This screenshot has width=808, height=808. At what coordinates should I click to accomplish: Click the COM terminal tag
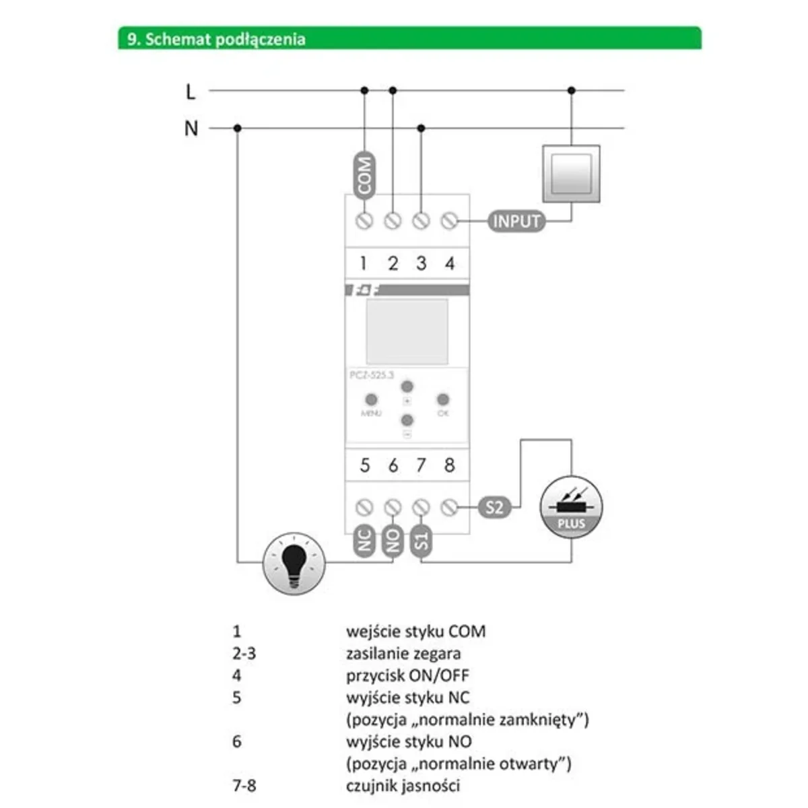(x=364, y=174)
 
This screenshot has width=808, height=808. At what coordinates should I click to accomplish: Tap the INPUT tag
(x=516, y=221)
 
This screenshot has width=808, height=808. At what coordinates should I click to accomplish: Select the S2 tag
(x=494, y=507)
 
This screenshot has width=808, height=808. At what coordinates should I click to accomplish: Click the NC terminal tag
(x=364, y=540)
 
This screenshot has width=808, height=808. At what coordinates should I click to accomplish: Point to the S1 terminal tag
(x=421, y=540)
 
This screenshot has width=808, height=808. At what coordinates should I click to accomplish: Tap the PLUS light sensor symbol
(x=571, y=508)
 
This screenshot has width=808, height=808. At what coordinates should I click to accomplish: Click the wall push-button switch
(x=571, y=173)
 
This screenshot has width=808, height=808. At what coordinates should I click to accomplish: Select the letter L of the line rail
(x=191, y=91)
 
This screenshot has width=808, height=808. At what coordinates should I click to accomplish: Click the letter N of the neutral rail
(x=191, y=128)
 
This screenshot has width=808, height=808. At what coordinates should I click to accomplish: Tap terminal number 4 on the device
(x=450, y=263)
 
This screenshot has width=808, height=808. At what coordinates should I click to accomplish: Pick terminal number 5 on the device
(x=364, y=465)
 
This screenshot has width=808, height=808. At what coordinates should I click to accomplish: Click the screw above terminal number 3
(x=421, y=221)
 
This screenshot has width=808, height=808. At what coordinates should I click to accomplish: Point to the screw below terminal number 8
(x=450, y=507)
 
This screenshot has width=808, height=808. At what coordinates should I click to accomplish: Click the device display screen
(x=407, y=331)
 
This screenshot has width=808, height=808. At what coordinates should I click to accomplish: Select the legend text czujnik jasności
(x=403, y=785)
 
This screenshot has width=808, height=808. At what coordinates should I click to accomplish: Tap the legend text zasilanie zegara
(x=403, y=653)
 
